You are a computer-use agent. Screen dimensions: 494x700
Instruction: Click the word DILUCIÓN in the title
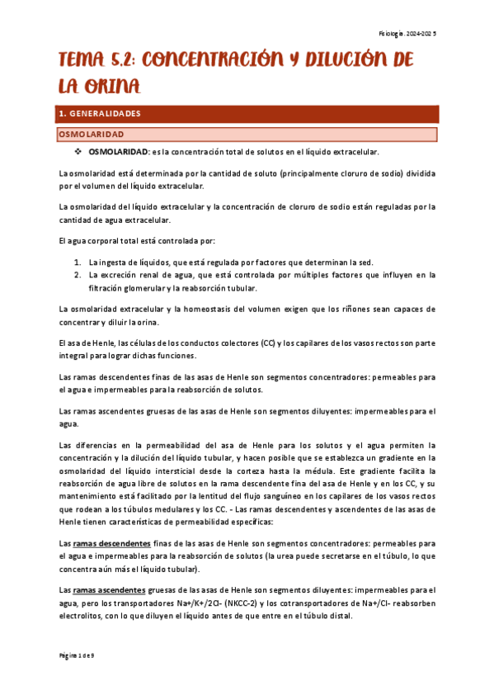point(354,61)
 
